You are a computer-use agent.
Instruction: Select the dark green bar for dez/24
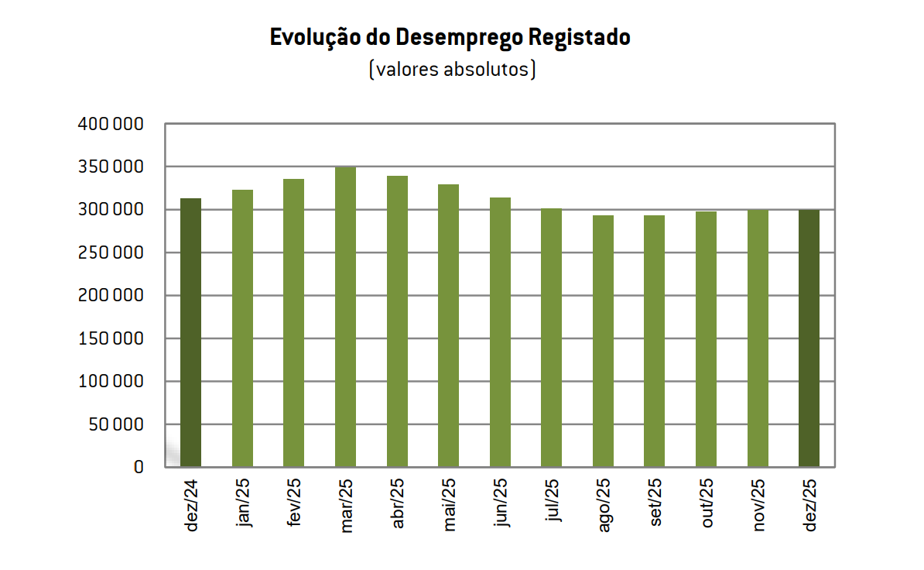coord(190,333)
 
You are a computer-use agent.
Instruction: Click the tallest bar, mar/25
coord(345,317)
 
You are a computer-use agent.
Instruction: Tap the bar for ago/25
coord(603,341)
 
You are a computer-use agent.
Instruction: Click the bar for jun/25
coord(500,332)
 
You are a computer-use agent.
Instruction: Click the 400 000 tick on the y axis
coord(111,124)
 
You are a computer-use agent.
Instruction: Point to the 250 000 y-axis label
coord(111,252)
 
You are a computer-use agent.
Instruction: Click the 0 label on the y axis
coord(139,467)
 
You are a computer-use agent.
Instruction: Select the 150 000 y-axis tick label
coord(111,338)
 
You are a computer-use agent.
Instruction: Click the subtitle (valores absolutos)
coord(453,70)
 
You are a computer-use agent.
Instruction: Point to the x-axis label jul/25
coord(553,503)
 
